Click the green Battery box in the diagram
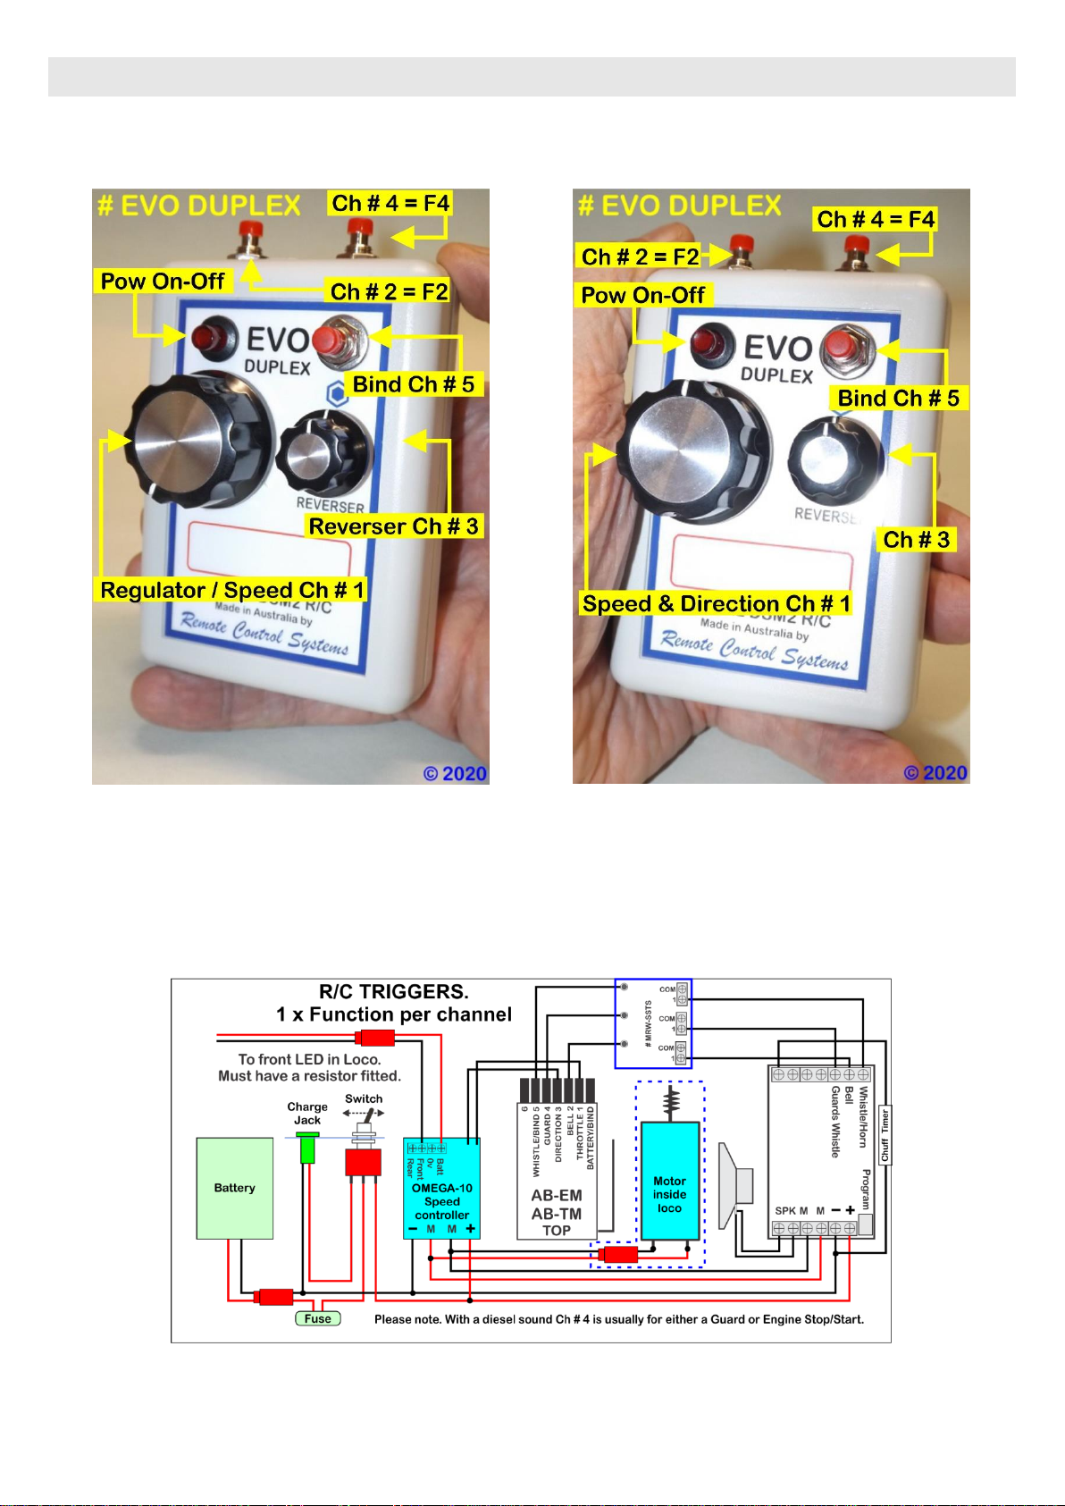(235, 1188)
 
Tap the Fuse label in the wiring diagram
(318, 1318)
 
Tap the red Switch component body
(364, 1162)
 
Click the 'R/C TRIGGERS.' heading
(393, 991)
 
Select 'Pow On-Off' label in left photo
(163, 282)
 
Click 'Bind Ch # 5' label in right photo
(898, 399)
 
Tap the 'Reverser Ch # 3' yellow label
(393, 526)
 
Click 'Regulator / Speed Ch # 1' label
(231, 590)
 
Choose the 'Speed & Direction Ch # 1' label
(716, 604)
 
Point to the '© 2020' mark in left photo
(455, 773)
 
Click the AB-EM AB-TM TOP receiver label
(556, 1213)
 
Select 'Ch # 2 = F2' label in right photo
(640, 257)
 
